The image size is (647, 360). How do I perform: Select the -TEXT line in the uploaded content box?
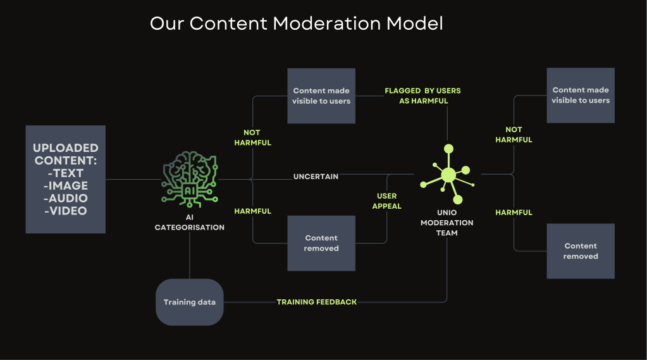(x=65, y=173)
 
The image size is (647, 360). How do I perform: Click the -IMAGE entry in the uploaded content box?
(x=65, y=185)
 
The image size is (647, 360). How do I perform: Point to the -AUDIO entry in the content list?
(x=65, y=198)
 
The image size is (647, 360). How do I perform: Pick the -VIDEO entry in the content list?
(x=65, y=211)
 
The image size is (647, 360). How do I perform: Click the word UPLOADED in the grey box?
(x=65, y=148)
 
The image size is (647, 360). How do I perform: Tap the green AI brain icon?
(x=190, y=178)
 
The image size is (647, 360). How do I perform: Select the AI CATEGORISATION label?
(x=190, y=222)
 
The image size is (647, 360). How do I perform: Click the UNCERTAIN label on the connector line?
(x=316, y=176)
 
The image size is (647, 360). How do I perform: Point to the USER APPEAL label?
(x=387, y=201)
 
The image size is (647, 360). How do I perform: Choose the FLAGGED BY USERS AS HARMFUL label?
(x=422, y=96)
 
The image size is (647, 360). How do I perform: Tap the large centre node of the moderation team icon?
(x=448, y=175)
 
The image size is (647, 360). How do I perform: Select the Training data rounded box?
(x=190, y=302)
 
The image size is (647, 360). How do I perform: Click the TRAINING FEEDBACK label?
(x=316, y=302)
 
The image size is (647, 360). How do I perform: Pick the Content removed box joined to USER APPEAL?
(x=321, y=243)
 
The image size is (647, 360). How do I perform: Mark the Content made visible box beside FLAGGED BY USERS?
(x=321, y=96)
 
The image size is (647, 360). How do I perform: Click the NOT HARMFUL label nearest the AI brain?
(x=252, y=138)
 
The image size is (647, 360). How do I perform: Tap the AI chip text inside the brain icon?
(x=190, y=189)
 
